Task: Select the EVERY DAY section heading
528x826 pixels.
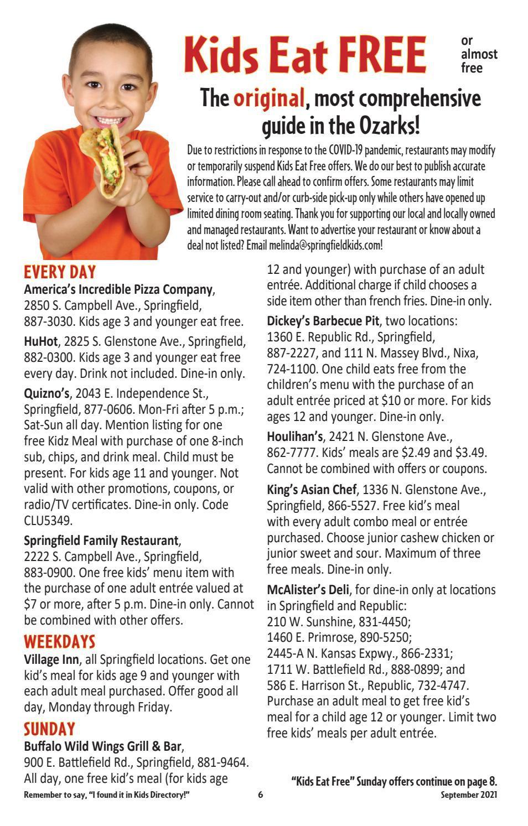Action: point(60,272)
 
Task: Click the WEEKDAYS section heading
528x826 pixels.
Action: point(60,642)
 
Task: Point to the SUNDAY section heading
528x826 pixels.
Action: point(49,729)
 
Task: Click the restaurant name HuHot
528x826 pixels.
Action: point(40,341)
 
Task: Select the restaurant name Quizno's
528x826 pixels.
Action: point(46,394)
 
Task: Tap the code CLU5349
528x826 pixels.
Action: point(49,521)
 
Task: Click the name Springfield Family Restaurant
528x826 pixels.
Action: point(101,540)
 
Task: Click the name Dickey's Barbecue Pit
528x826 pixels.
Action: point(323,321)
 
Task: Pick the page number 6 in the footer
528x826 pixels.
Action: point(260,795)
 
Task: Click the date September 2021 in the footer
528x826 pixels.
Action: point(469,795)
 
